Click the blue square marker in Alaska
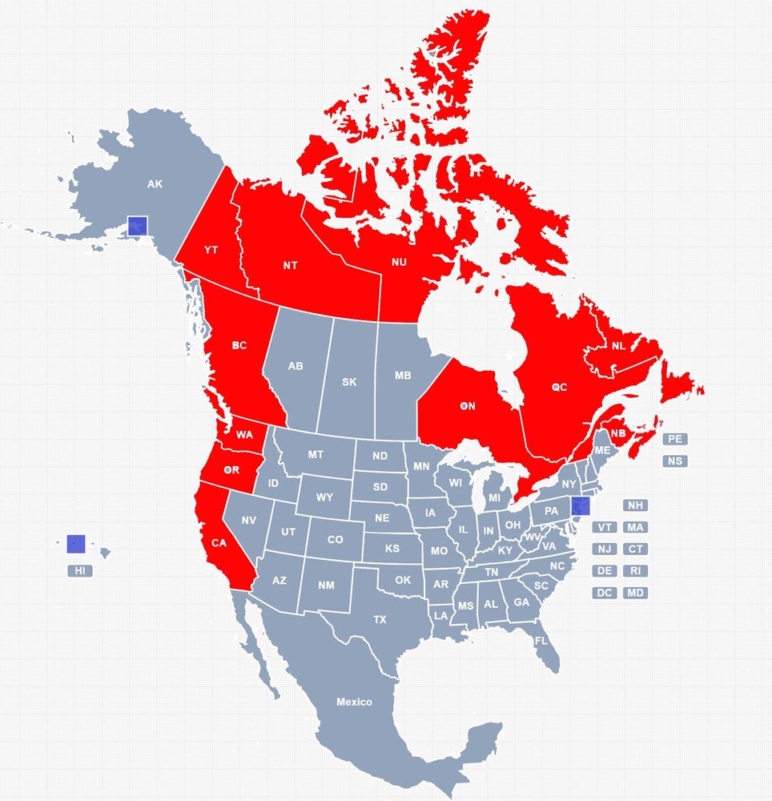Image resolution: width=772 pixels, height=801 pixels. [138, 225]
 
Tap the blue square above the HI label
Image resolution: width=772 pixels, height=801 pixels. [76, 543]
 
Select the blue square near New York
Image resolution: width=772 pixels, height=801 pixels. [581, 505]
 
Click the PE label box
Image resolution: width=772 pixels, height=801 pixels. [675, 439]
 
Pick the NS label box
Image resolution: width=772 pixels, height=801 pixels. [675, 461]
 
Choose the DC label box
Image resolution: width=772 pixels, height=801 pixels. [605, 594]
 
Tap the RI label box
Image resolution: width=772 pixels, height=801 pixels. [635, 571]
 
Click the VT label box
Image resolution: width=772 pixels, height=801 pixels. [605, 527]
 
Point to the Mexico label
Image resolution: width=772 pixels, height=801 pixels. [354, 702]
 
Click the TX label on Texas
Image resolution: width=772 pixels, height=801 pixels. [380, 619]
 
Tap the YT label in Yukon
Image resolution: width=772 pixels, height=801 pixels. [211, 250]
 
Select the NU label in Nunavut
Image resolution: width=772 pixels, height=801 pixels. [399, 262]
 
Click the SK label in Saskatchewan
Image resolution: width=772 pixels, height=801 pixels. [349, 382]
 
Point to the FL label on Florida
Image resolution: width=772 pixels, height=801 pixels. [541, 641]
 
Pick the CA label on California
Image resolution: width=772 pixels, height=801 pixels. [219, 543]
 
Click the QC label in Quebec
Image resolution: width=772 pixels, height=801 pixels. [559, 387]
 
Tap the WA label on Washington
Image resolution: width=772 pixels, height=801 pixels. [244, 435]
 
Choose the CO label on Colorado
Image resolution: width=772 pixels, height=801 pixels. [335, 540]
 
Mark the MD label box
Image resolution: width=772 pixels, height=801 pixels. [635, 594]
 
